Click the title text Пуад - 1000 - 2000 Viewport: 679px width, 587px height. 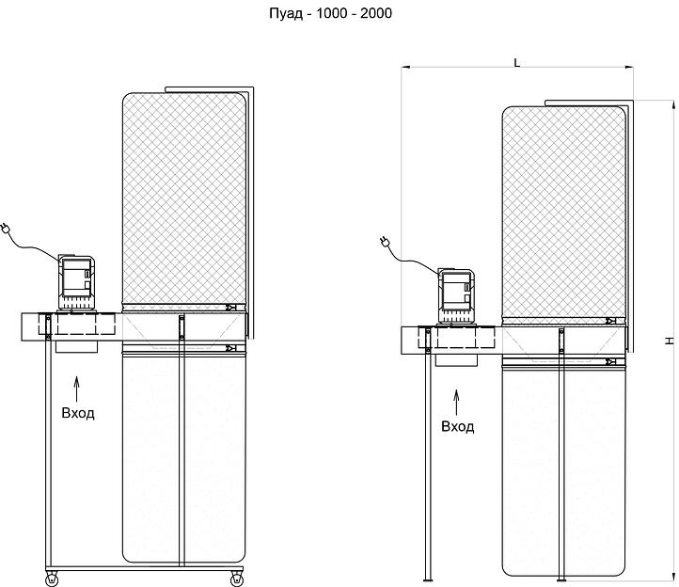pos(330,13)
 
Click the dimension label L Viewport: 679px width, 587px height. pos(516,63)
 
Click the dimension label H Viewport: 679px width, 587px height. pos(670,341)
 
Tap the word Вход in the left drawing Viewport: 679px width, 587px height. pos(78,413)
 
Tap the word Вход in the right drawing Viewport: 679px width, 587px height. pos(458,427)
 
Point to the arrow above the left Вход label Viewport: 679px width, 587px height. pos(77,389)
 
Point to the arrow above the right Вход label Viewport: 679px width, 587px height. pos(456,403)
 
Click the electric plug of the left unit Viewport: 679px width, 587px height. pos(6,229)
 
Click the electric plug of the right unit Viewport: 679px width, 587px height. pos(385,242)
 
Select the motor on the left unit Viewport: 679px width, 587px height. pos(77,282)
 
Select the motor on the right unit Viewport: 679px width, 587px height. pos(457,296)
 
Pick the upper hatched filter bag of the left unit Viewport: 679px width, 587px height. pos(184,199)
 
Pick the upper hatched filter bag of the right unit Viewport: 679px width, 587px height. pos(564,214)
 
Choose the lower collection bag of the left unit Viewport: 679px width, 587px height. pos(184,458)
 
